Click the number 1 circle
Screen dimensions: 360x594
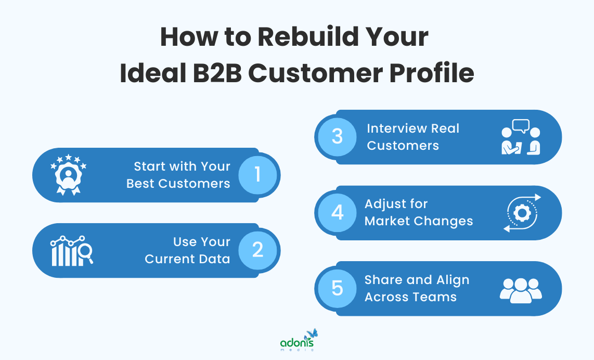(x=258, y=175)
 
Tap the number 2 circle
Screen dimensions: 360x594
(x=258, y=250)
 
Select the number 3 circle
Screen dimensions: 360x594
(x=337, y=137)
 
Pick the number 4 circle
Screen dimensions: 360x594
(x=337, y=212)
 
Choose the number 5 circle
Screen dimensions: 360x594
(x=337, y=288)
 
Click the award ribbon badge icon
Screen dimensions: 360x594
(x=68, y=175)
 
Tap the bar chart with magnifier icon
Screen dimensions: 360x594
(x=72, y=250)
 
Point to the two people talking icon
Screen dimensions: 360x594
(x=521, y=137)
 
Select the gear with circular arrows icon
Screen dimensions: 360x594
(x=522, y=212)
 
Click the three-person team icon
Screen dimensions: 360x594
(x=521, y=289)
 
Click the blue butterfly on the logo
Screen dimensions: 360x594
(x=312, y=333)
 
